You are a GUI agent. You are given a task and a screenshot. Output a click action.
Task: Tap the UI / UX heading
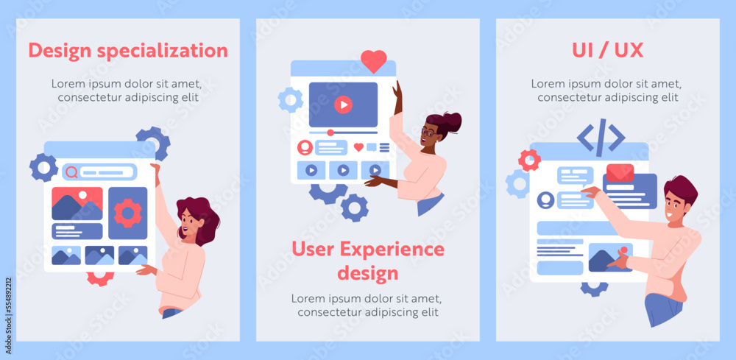click(607, 50)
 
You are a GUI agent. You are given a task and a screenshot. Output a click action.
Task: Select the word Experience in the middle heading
click(397, 249)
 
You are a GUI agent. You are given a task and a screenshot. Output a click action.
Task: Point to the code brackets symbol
click(601, 137)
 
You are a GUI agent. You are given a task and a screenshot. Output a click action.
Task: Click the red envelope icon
click(620, 173)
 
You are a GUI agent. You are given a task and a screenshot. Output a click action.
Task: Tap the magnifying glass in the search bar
click(71, 172)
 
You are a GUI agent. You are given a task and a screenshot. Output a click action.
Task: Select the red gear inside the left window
click(127, 213)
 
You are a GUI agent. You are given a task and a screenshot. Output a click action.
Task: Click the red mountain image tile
click(77, 204)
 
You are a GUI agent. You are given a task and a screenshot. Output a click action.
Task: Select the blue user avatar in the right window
click(545, 200)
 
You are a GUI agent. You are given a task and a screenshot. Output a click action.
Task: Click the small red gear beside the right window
click(528, 159)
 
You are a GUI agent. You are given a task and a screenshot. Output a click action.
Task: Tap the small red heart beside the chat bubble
click(358, 147)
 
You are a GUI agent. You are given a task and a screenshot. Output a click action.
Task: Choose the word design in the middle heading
click(367, 273)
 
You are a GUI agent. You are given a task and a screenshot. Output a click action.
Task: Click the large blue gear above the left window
click(153, 141)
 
